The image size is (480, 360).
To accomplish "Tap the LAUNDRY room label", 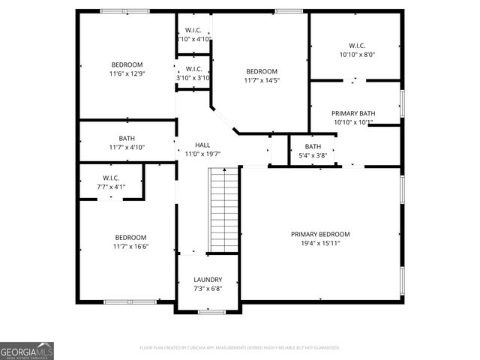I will (x=208, y=280).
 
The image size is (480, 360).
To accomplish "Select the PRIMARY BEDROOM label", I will (x=320, y=234).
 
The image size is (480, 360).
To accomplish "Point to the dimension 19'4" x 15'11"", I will (x=320, y=243).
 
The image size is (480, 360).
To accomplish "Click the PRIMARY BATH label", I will (x=353, y=113).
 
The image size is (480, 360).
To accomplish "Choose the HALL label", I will (x=202, y=145).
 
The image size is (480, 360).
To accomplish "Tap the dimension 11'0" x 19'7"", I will (x=202, y=154).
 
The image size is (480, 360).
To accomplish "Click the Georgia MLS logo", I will (x=27, y=350).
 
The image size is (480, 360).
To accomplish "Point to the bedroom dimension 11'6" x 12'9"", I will (x=127, y=73).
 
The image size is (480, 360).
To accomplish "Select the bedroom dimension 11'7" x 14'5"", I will (x=262, y=80).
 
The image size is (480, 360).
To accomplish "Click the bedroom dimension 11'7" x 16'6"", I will (x=130, y=246).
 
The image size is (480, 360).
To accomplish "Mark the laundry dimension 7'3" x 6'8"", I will (x=208, y=289).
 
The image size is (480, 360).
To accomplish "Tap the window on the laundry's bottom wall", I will (x=208, y=312).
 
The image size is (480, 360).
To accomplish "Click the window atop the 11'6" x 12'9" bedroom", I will (x=115, y=10).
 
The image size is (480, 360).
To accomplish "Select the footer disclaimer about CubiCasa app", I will (x=240, y=347).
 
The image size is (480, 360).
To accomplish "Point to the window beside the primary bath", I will (x=402, y=103).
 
